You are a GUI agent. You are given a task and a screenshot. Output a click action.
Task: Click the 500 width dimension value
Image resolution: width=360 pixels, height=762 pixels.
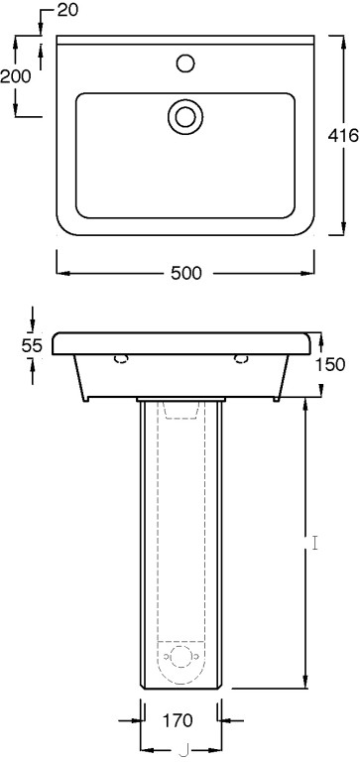click(x=185, y=274)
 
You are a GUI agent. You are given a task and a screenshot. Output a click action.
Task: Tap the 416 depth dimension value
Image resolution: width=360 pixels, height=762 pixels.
click(x=343, y=135)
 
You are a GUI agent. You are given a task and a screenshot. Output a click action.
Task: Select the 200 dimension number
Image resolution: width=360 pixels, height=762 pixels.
click(x=16, y=76)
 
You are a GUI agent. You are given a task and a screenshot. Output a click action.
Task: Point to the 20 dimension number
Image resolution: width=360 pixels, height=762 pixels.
click(x=67, y=11)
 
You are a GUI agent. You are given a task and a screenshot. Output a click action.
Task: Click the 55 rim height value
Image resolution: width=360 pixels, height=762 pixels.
click(x=32, y=345)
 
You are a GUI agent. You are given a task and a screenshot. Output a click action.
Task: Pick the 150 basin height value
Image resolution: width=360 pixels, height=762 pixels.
click(x=329, y=364)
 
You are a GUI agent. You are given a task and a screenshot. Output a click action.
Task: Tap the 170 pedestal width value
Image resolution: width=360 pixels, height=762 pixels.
click(x=177, y=719)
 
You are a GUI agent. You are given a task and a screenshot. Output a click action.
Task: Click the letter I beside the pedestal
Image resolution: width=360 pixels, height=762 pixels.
click(x=315, y=543)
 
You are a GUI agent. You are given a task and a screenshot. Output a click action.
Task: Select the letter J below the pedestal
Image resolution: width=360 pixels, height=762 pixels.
click(x=183, y=751)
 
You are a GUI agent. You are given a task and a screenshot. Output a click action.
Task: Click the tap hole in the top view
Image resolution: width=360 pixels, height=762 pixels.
click(x=185, y=63)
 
